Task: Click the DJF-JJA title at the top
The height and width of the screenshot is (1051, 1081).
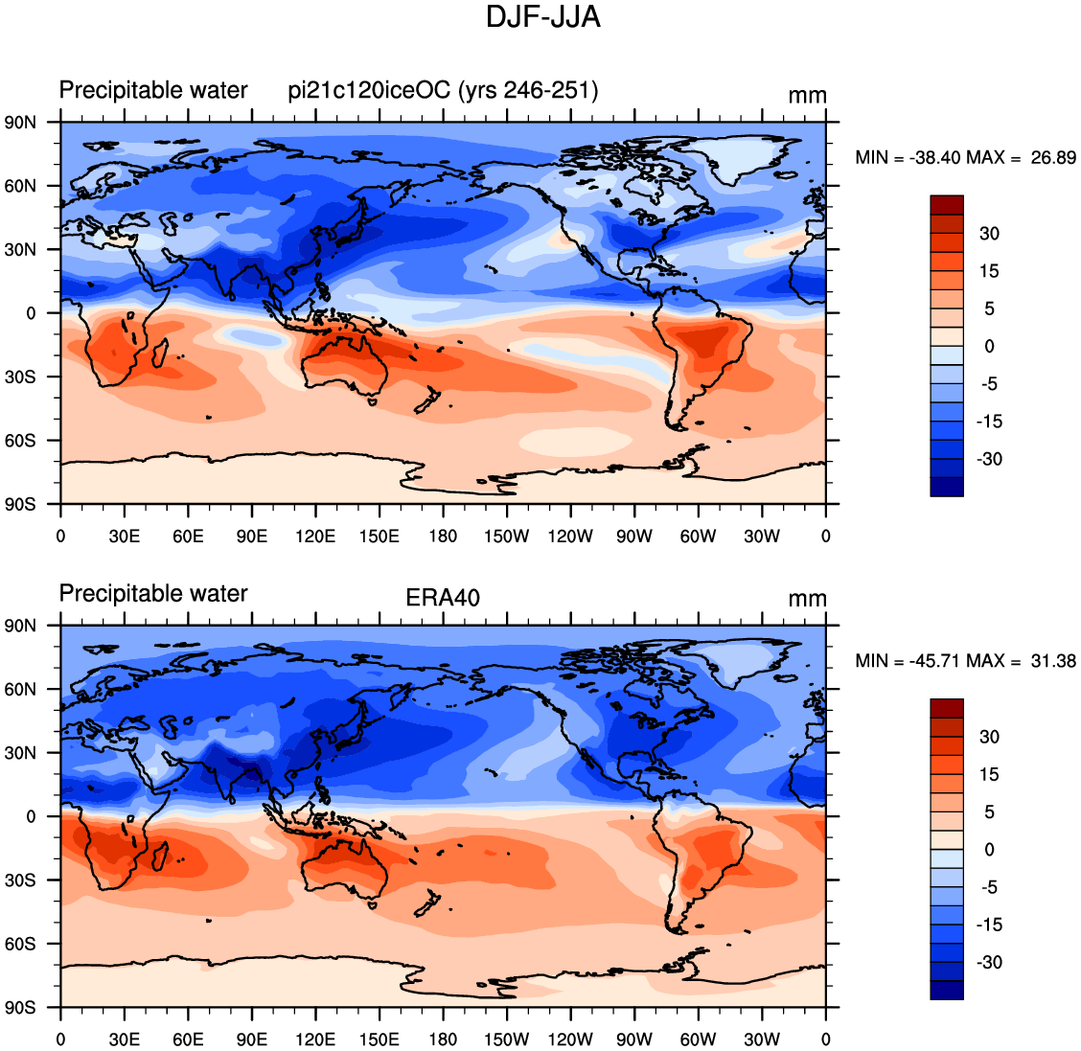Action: (543, 17)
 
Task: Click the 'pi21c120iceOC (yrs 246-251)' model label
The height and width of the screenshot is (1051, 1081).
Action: (443, 90)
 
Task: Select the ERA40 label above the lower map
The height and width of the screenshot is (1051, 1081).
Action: (443, 597)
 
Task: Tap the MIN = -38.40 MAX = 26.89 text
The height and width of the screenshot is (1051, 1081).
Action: (965, 158)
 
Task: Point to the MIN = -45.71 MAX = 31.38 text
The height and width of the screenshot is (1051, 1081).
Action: (965, 661)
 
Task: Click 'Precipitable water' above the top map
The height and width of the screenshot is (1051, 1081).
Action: (153, 90)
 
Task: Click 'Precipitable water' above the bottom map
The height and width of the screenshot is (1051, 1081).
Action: (153, 593)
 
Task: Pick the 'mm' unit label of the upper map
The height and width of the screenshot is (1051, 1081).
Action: (807, 96)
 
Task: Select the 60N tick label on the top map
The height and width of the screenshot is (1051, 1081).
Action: (20, 186)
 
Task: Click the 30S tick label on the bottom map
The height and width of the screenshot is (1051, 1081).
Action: (20, 880)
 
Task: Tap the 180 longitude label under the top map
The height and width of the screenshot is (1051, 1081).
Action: (443, 537)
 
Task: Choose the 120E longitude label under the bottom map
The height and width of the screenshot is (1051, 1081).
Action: (315, 1040)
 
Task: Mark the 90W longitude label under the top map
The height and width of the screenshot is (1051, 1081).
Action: (633, 537)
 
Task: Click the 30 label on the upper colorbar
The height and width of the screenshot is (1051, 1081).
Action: (989, 234)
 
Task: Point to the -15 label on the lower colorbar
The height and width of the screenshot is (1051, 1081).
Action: (989, 925)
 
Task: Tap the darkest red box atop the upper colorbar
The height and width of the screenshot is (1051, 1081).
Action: (947, 205)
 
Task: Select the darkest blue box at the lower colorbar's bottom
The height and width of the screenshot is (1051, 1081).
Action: (947, 990)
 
